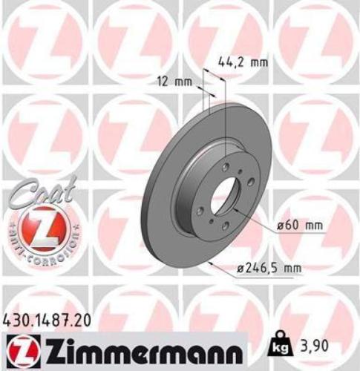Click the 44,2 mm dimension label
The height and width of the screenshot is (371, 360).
click(x=243, y=62)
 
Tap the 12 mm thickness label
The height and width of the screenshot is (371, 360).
click(x=172, y=82)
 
